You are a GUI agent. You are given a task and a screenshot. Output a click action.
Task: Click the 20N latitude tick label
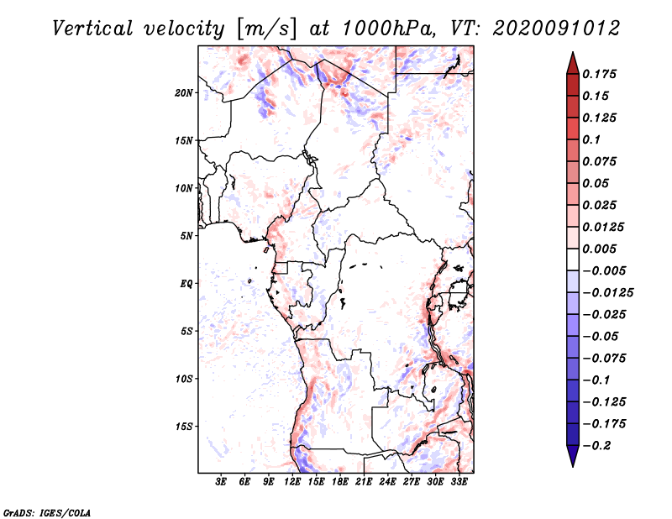click(184, 92)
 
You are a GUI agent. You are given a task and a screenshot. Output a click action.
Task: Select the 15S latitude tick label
click(184, 427)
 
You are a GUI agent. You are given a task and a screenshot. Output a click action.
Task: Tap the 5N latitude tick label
click(186, 236)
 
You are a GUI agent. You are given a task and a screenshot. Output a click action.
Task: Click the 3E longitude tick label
click(222, 482)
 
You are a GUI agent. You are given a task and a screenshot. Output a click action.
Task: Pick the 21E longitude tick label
click(364, 482)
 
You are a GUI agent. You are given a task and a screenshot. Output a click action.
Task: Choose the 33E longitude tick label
click(459, 482)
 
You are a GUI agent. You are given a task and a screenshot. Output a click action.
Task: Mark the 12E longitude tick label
click(292, 482)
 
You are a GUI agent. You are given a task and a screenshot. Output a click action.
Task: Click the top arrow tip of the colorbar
click(572, 54)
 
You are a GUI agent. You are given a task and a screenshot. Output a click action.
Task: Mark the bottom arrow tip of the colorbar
click(572, 465)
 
